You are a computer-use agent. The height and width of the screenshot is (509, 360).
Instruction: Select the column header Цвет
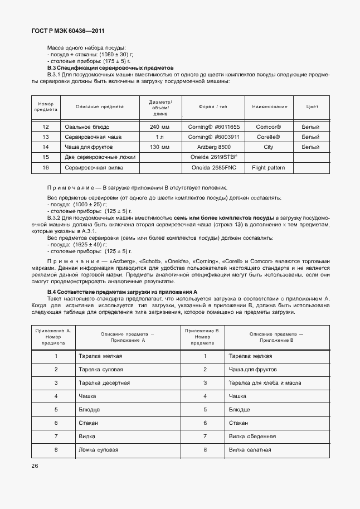point(313,106)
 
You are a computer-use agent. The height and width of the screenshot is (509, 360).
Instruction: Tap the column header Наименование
point(270,106)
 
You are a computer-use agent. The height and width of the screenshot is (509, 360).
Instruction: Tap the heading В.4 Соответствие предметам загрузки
point(123,292)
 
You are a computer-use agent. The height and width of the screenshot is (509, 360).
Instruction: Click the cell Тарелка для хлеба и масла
point(265,382)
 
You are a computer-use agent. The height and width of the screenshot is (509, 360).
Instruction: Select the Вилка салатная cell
point(250,449)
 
